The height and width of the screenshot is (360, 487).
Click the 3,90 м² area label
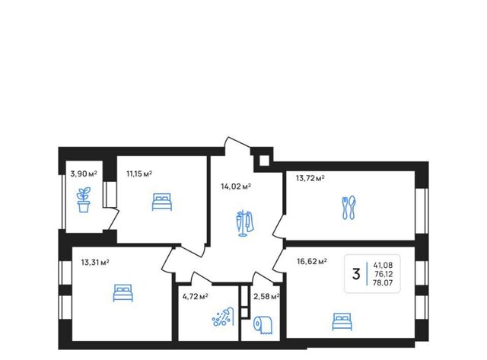(84, 174)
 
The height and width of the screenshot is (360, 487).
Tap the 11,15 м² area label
(139, 174)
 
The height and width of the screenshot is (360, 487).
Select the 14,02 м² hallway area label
(236, 186)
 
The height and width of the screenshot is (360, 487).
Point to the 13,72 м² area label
(310, 178)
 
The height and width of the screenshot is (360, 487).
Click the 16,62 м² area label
(311, 262)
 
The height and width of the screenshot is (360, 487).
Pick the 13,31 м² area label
(95, 263)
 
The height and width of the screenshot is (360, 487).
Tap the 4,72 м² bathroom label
(195, 296)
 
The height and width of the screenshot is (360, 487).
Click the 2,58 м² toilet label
(266, 297)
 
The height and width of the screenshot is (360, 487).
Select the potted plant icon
(84, 199)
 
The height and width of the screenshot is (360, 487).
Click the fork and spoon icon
(349, 208)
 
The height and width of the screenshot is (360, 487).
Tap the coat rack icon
(244, 223)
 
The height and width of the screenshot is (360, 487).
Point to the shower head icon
(223, 317)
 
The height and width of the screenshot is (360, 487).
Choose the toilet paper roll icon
(263, 325)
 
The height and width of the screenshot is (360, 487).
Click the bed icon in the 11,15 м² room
(162, 202)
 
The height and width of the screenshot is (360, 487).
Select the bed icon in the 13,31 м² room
(123, 293)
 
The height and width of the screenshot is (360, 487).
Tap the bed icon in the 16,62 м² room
(342, 322)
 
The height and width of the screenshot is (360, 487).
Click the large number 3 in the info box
(356, 274)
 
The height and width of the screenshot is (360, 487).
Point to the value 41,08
(383, 266)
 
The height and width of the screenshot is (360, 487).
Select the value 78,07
(383, 283)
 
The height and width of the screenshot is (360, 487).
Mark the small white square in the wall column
(264, 161)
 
